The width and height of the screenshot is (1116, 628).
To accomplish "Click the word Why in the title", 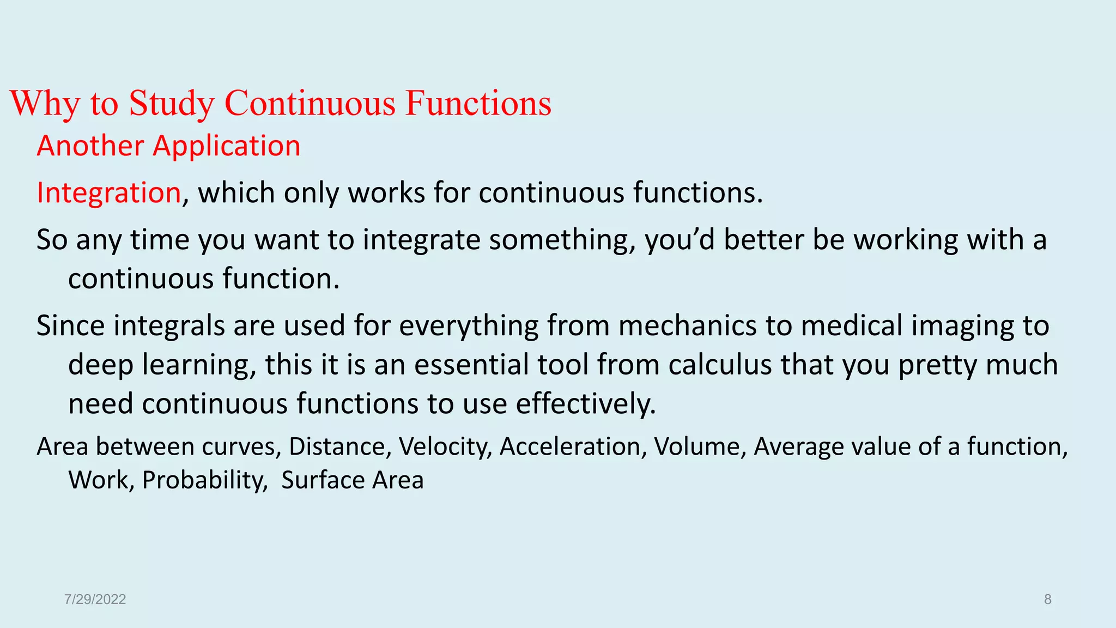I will pos(45,103).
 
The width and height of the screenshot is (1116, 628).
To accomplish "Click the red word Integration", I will pos(108,193).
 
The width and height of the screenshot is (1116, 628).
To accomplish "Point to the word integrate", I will pos(421,240).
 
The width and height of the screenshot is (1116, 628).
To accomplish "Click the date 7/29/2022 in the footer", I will pos(95,600).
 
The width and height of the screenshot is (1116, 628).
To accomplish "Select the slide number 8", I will pos(1047,600).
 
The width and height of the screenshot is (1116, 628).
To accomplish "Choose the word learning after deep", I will pos(199,365).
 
